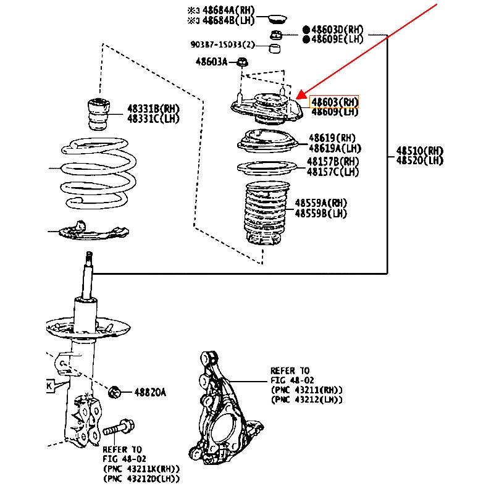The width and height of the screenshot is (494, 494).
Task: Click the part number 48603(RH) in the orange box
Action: click(x=334, y=102)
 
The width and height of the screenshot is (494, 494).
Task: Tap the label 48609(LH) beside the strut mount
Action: click(x=334, y=112)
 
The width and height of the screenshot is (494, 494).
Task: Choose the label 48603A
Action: click(x=212, y=62)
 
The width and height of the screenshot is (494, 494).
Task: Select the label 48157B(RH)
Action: click(x=333, y=162)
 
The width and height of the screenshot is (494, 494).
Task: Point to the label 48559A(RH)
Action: click(x=321, y=203)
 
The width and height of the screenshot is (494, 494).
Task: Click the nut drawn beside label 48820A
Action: click(x=114, y=391)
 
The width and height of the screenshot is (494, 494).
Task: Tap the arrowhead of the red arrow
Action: click(x=299, y=97)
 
